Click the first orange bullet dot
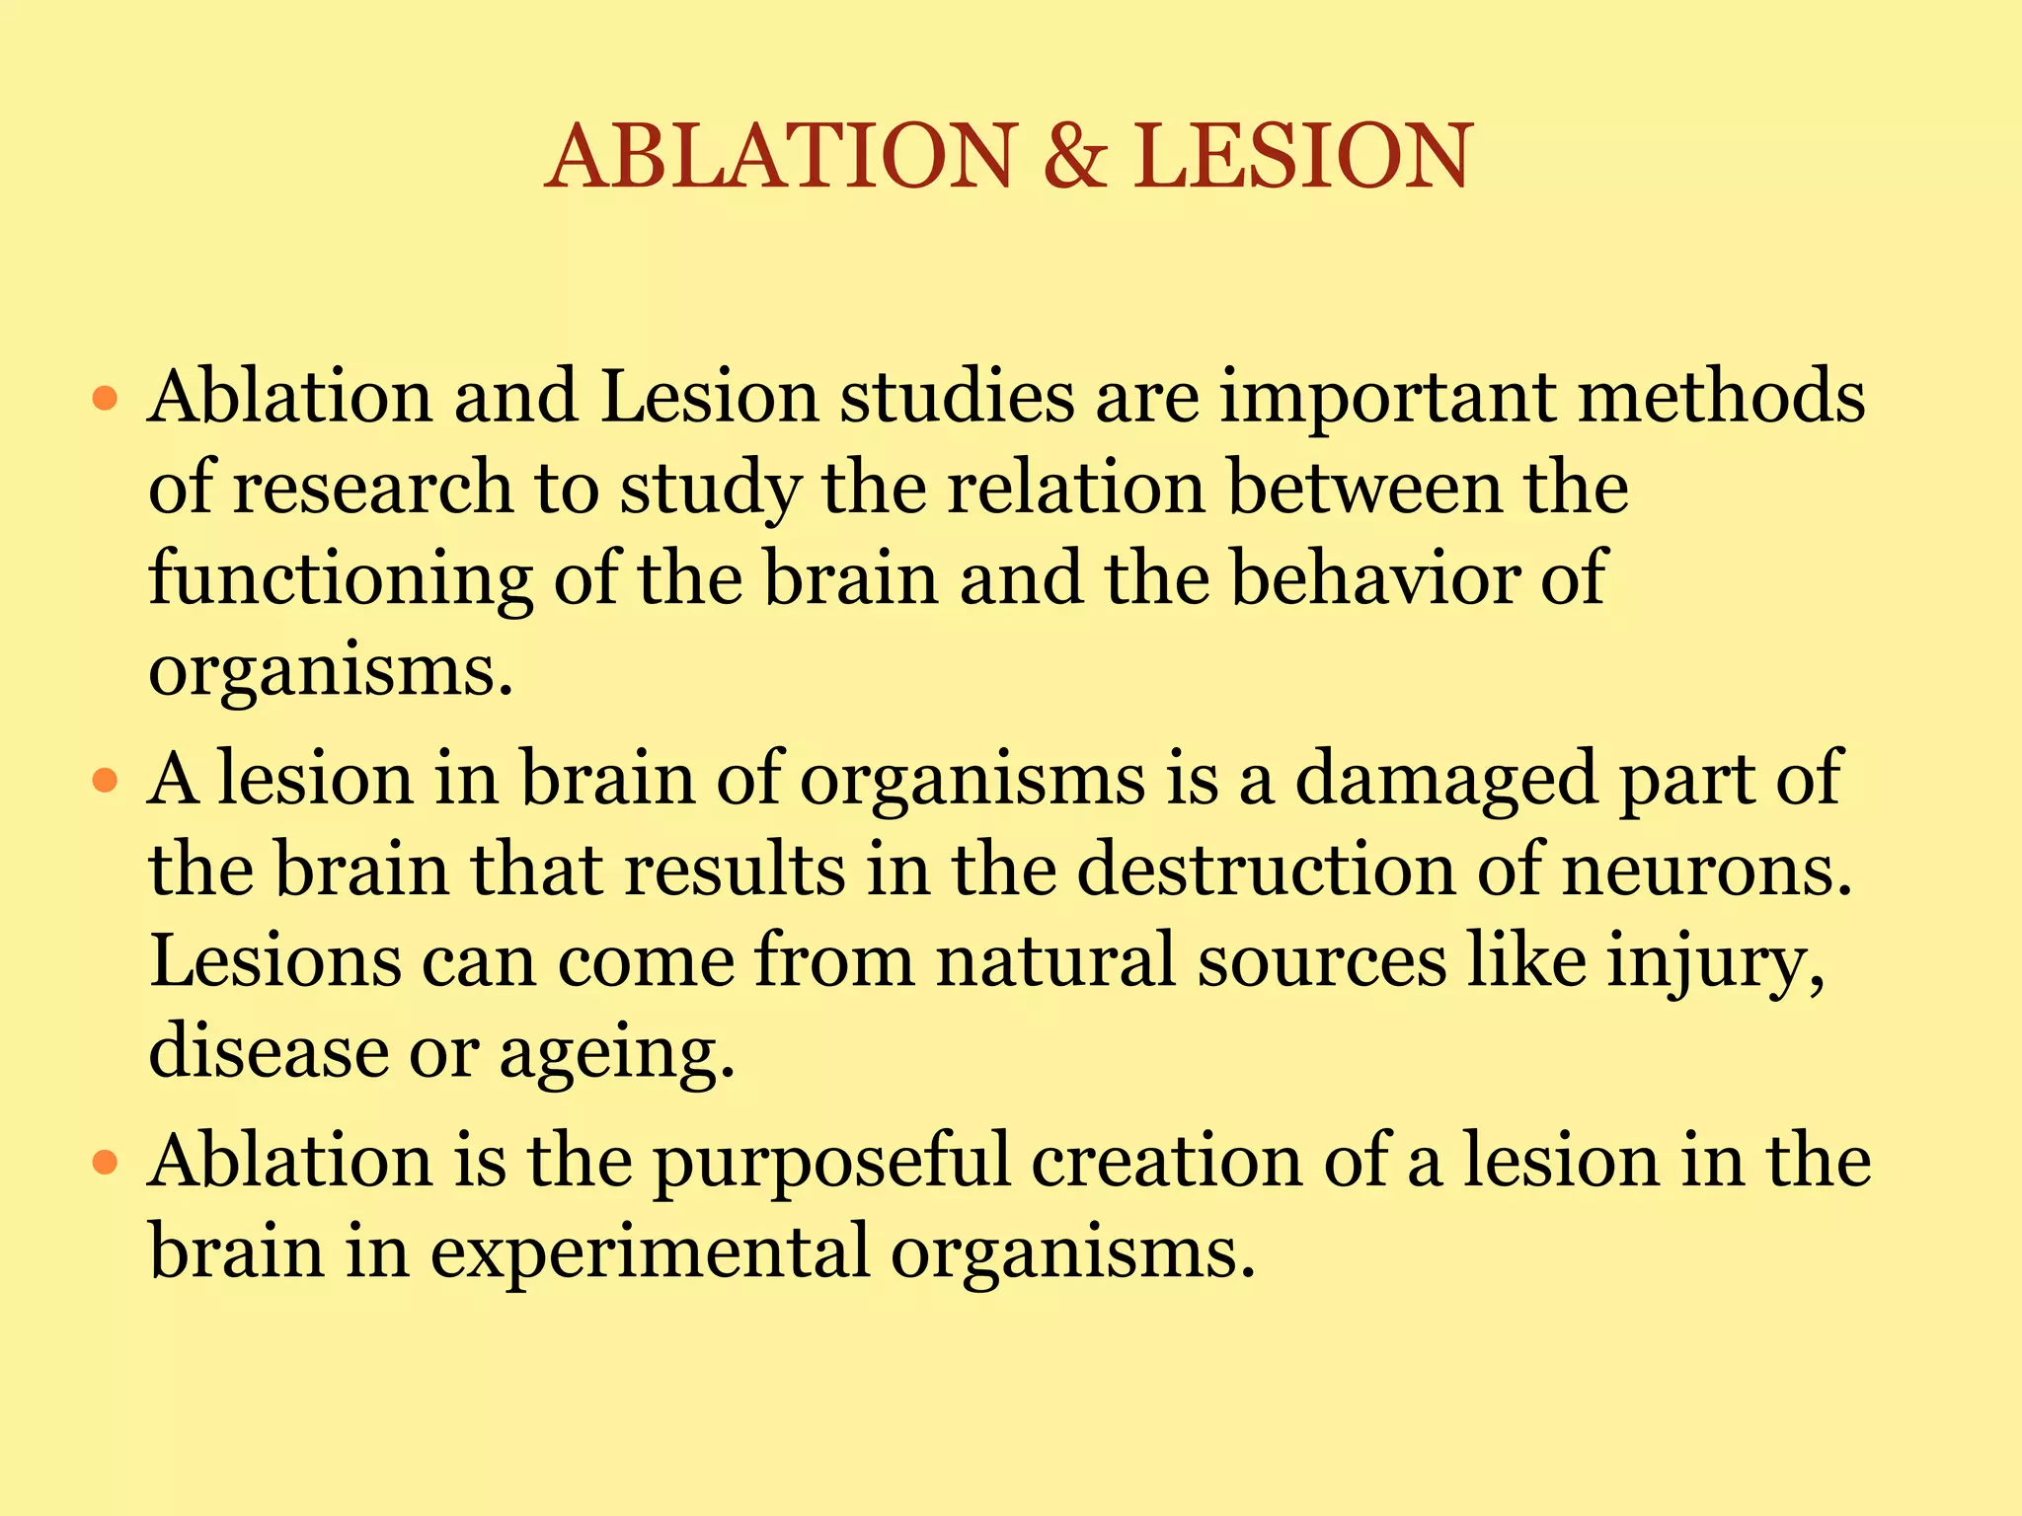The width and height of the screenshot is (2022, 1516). click(105, 400)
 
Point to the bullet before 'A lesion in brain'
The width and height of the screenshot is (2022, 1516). click(105, 782)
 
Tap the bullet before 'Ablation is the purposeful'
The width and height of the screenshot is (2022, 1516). click(105, 1163)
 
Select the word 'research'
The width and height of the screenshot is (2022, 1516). click(372, 488)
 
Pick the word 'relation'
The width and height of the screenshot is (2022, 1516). click(1076, 488)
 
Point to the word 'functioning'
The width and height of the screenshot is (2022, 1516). click(341, 580)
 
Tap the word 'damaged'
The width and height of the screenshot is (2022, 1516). click(1445, 780)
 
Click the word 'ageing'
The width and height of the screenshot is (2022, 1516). click(617, 1054)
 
